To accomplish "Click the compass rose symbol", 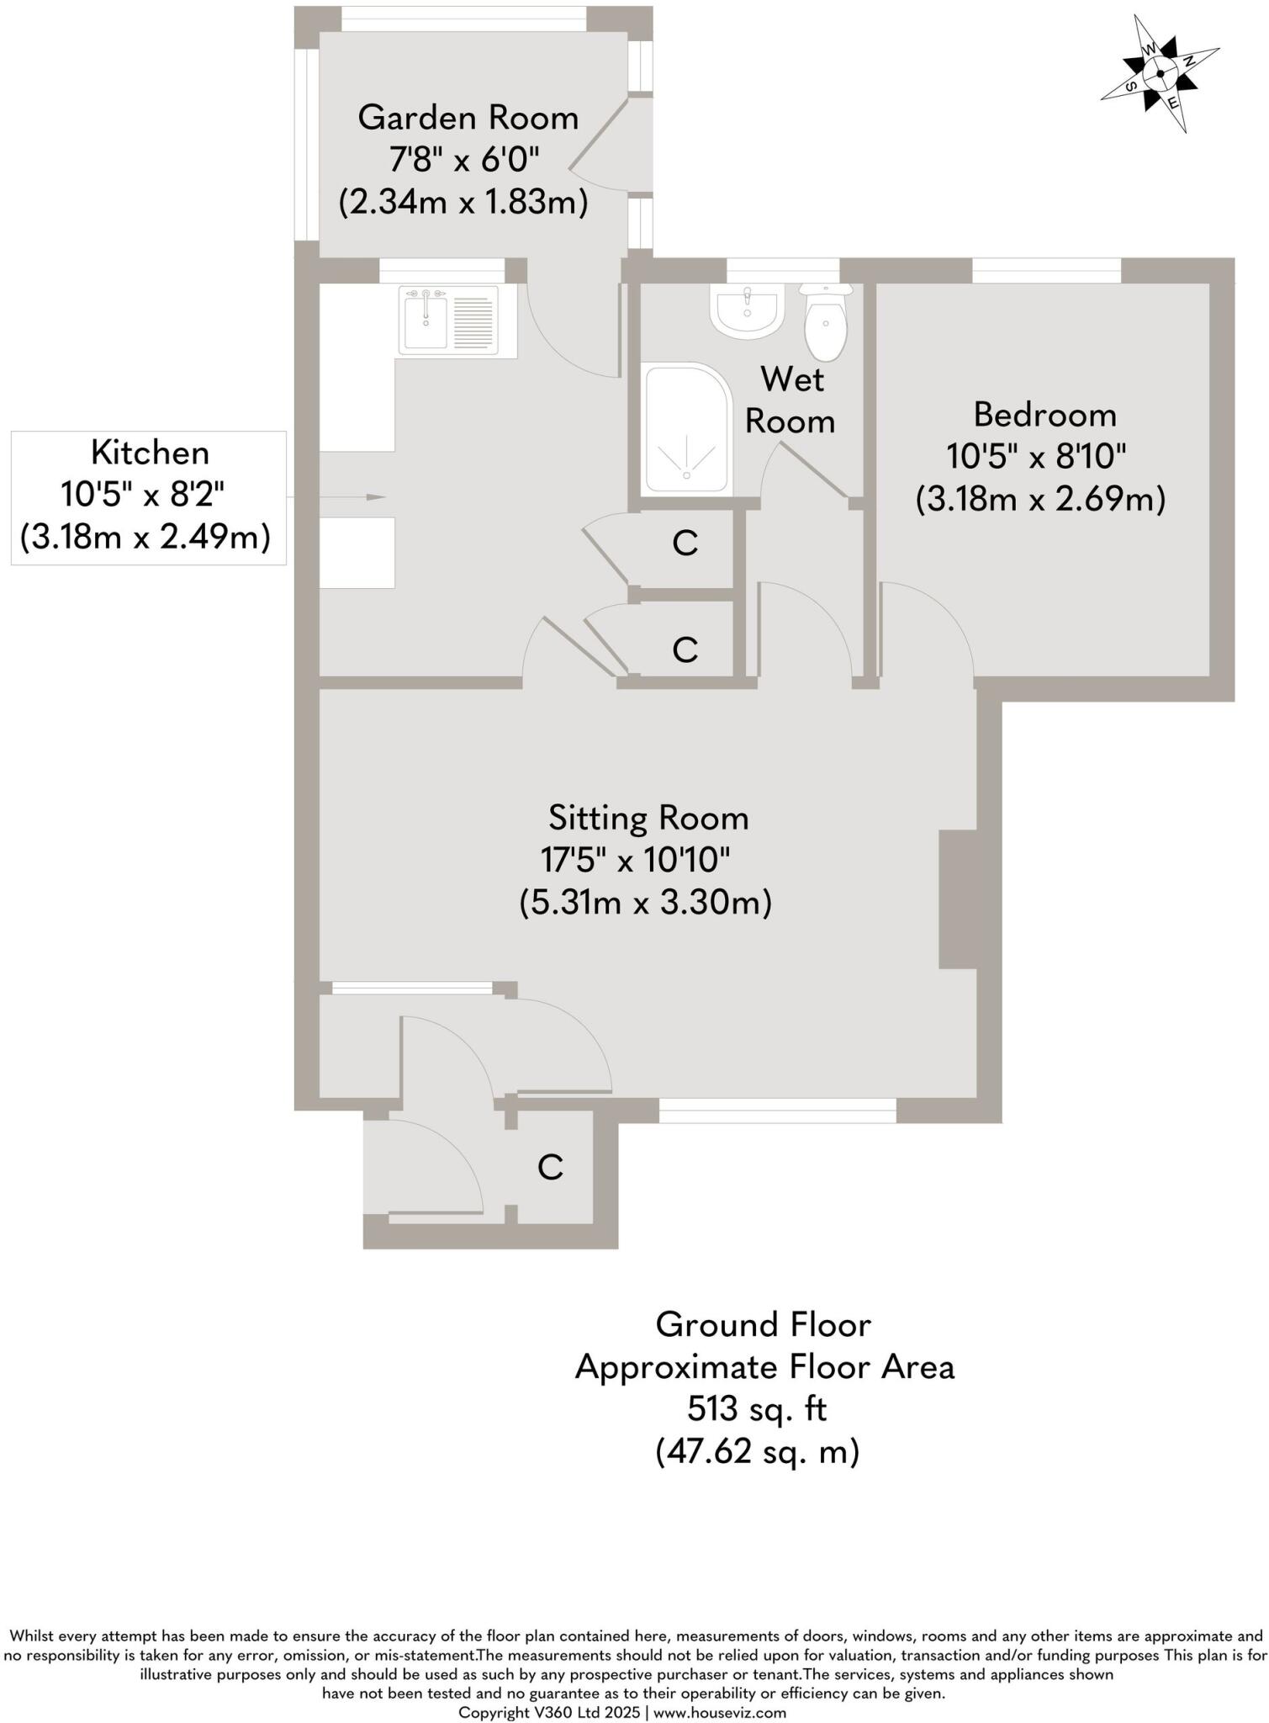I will [x=1161, y=74].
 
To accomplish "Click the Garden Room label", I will [x=468, y=118].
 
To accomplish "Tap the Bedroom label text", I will [x=1044, y=415].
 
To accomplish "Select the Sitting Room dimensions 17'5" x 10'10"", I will [x=635, y=861].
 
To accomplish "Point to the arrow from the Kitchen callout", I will [x=353, y=497].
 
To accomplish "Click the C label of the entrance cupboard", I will [x=550, y=1168].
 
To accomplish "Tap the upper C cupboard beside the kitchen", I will [x=685, y=544].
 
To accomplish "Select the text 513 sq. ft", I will [x=757, y=1408].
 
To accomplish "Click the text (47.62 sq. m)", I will [x=757, y=1451].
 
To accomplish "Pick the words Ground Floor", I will [x=763, y=1325].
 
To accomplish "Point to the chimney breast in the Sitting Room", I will [x=957, y=899].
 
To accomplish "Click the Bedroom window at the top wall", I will [x=1046, y=270].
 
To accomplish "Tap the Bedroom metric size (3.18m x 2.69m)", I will [x=1040, y=500].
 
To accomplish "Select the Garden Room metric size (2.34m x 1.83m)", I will [x=463, y=203].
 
